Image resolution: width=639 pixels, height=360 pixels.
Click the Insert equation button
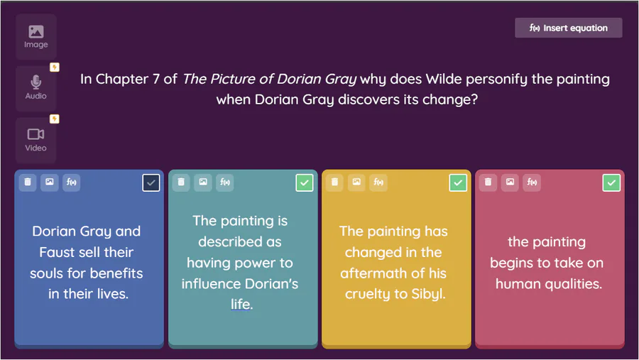tap(569, 28)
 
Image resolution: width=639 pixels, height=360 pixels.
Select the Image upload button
tap(36, 37)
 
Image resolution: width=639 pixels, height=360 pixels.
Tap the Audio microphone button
tap(36, 88)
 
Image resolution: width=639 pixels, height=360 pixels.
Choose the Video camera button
tap(36, 141)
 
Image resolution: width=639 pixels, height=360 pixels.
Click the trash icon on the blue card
tap(28, 182)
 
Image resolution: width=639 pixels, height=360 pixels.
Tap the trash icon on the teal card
tap(181, 182)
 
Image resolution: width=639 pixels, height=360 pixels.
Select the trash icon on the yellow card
tap(334, 182)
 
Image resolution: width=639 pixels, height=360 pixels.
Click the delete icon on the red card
tap(488, 182)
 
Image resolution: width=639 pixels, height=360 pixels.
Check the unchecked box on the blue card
tap(151, 182)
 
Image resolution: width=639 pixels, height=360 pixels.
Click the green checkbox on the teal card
tap(305, 182)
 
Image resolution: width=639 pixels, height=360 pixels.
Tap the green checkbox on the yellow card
tap(458, 182)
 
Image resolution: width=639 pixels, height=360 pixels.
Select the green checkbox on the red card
tap(611, 182)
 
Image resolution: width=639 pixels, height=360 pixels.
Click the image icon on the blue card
tap(49, 182)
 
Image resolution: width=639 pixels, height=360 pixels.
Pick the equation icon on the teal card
tap(225, 182)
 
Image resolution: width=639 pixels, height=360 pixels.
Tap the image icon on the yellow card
tap(356, 182)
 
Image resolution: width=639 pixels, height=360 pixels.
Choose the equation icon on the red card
tap(532, 182)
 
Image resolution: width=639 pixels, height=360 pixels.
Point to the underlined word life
tap(241, 304)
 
